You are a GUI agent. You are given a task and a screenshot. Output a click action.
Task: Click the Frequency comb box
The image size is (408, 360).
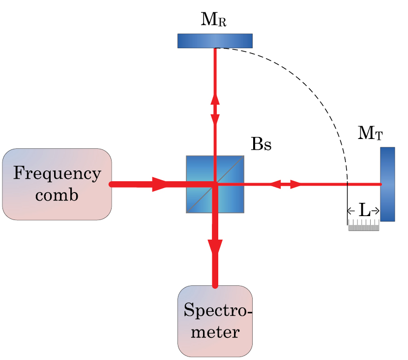click(57, 184)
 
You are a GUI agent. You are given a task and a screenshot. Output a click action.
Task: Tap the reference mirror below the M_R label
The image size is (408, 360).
click(215, 41)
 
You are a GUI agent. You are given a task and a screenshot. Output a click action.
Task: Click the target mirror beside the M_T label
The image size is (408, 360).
click(387, 184)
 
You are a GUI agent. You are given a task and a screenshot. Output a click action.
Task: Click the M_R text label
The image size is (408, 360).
click(214, 20)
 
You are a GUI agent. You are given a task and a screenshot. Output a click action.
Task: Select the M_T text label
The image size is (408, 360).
click(370, 134)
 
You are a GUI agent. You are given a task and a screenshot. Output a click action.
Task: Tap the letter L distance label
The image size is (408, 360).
click(364, 211)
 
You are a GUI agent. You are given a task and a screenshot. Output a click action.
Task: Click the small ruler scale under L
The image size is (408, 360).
click(364, 226)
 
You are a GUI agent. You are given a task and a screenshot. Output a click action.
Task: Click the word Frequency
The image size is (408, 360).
click(57, 174)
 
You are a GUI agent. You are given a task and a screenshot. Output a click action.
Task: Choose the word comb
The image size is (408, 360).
click(57, 195)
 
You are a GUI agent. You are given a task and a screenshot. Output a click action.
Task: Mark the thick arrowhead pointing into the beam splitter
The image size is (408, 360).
click(159, 184)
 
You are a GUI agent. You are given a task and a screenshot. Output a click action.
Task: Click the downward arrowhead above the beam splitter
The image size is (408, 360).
click(215, 120)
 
